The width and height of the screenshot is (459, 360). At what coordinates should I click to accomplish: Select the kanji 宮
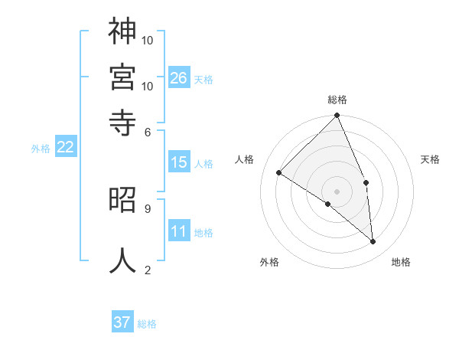point(122,76)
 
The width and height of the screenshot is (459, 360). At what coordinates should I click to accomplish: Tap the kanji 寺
point(122,121)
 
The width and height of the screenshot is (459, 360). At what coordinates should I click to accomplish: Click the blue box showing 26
point(179,77)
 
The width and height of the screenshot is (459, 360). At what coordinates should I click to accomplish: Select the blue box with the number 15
point(179,162)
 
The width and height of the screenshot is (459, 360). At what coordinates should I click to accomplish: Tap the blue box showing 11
point(179,231)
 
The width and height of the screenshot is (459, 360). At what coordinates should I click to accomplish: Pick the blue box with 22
point(65,148)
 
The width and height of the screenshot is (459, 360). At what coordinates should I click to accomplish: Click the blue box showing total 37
point(122,322)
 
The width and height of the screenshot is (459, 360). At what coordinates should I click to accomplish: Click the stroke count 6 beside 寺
point(147,131)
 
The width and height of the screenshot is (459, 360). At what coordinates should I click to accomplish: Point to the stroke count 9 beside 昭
point(147,208)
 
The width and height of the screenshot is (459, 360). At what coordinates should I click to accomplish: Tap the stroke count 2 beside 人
point(147,269)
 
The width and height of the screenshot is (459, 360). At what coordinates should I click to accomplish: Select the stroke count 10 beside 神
point(148,39)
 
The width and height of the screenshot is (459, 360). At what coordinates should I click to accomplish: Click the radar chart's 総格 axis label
point(337,100)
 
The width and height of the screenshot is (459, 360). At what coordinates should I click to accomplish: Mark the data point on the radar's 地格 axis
point(373,241)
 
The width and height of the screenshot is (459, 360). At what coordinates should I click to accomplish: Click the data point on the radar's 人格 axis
point(279,173)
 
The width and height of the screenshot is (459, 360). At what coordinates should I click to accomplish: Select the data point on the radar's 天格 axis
point(366,182)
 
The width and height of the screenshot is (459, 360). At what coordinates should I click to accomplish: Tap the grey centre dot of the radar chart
point(337,191)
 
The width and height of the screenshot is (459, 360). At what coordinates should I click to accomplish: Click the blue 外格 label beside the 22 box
point(41,149)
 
